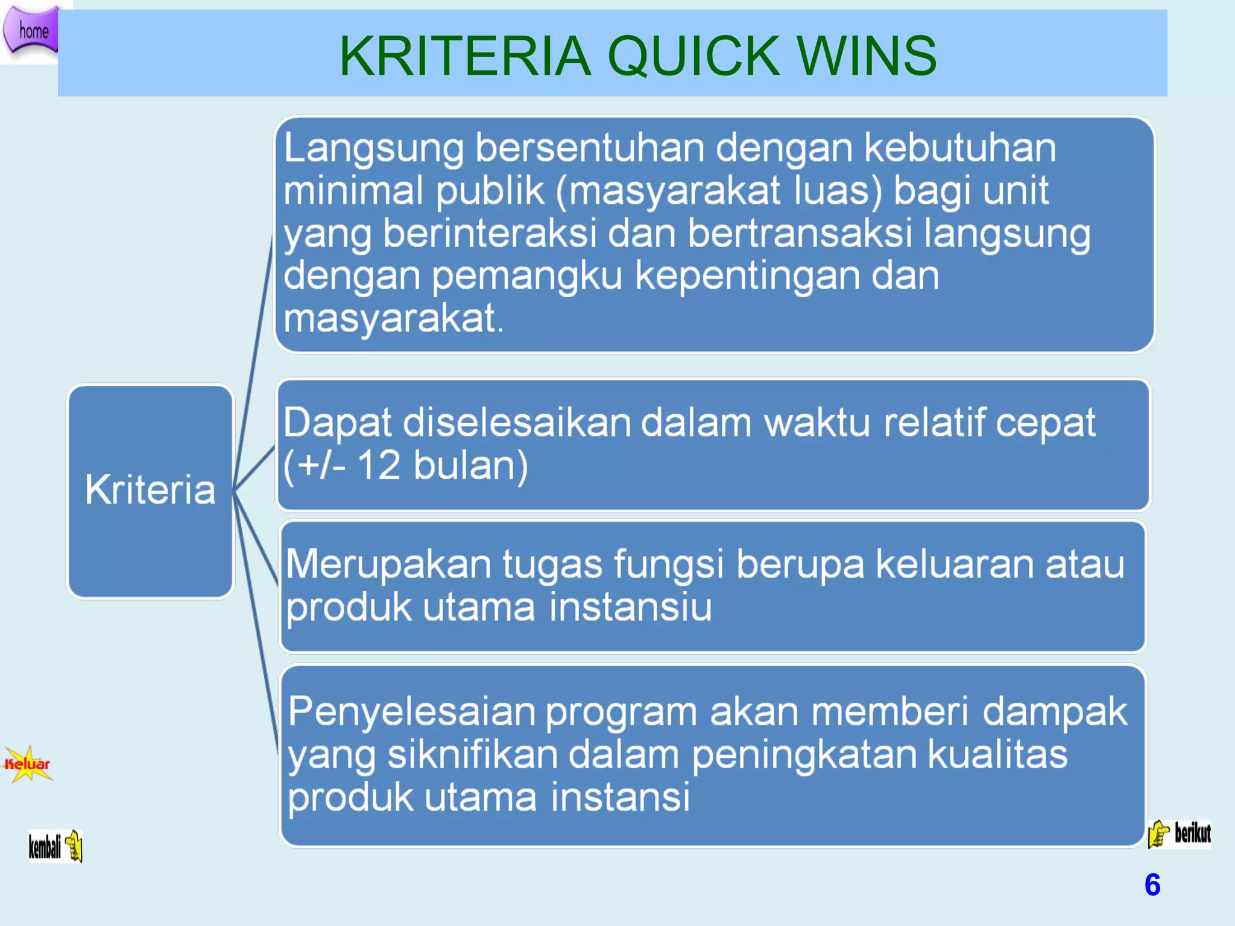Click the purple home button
pyautogui.click(x=31, y=30)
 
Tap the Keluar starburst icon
pyautogui.click(x=28, y=764)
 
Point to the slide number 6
pyautogui.click(x=1152, y=884)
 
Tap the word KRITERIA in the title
pyautogui.click(x=465, y=56)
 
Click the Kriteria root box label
pyautogui.click(x=150, y=489)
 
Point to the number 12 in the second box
pyautogui.click(x=379, y=465)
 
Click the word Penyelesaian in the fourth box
pyautogui.click(x=412, y=711)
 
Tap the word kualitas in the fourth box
pyautogui.click(x=997, y=754)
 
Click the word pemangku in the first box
pyautogui.click(x=526, y=277)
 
